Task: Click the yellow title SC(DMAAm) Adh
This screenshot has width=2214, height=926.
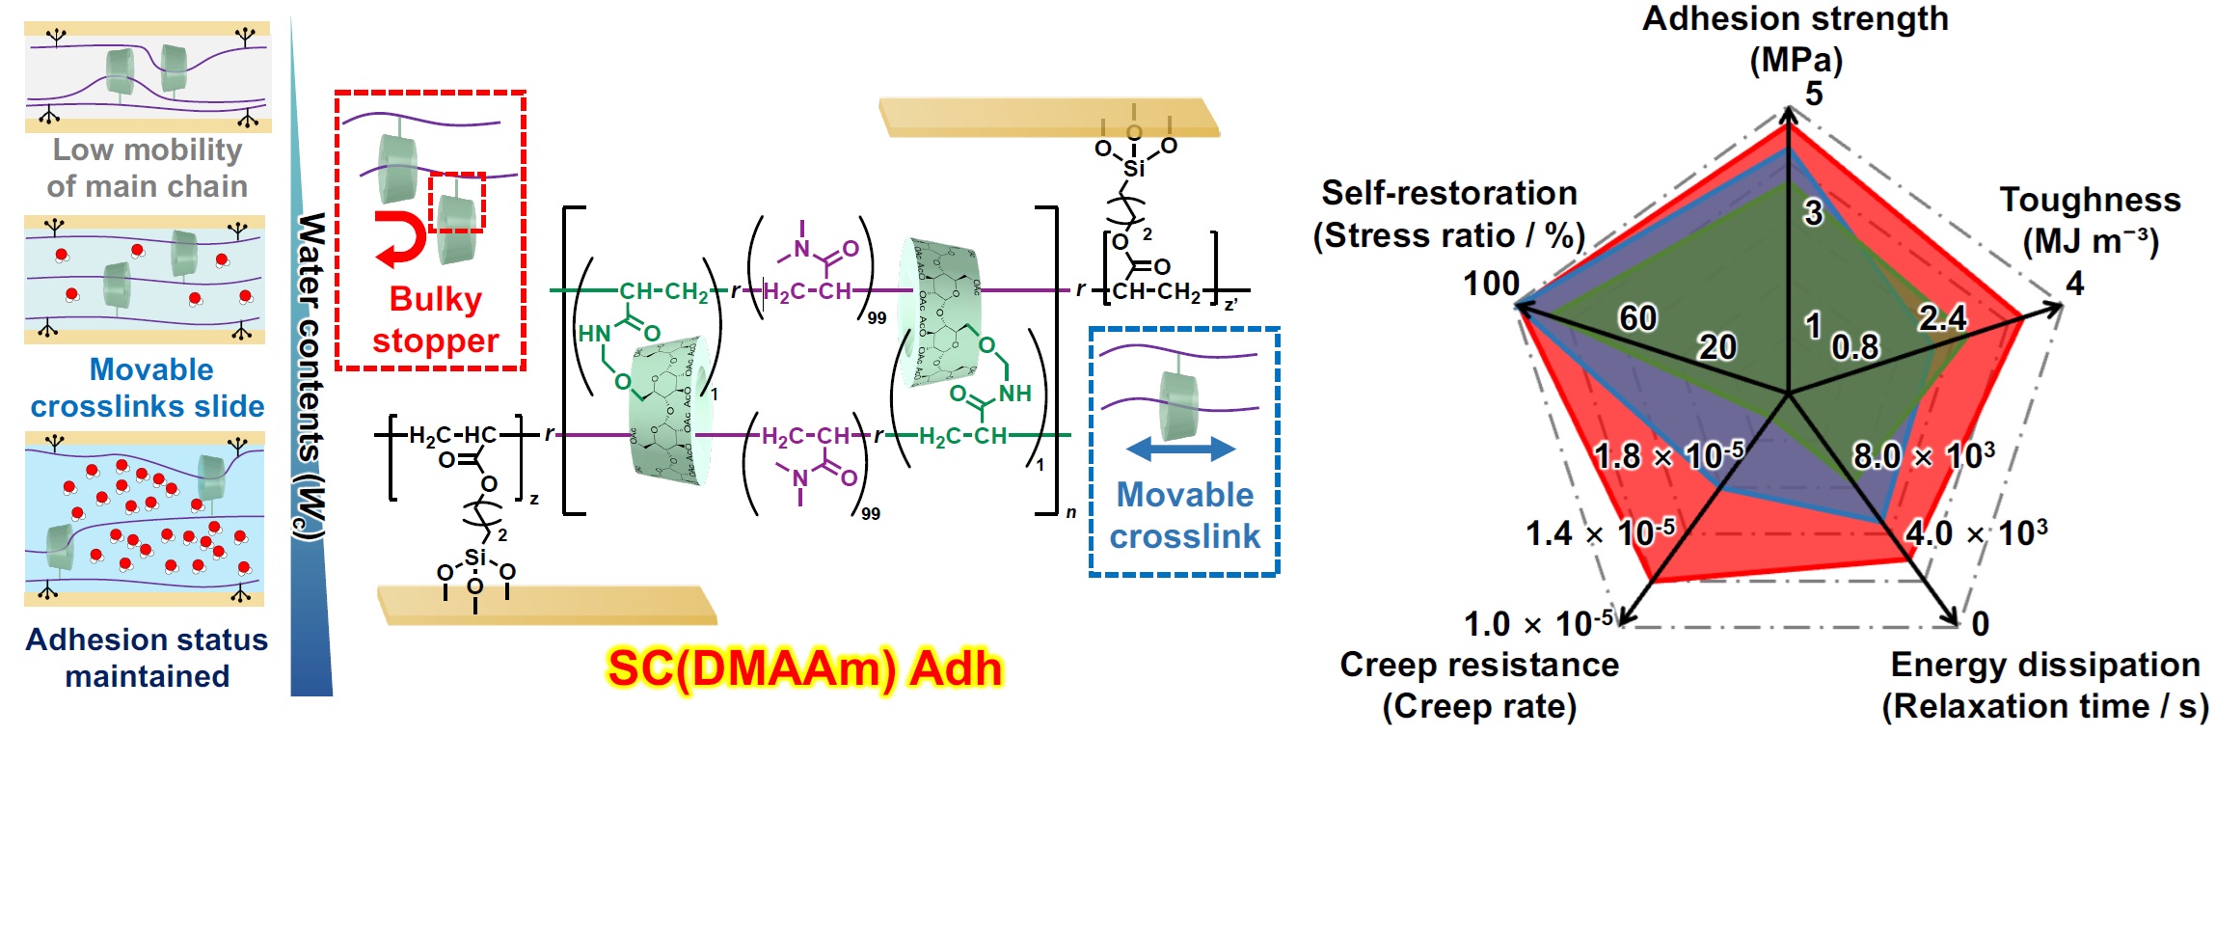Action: click(x=805, y=668)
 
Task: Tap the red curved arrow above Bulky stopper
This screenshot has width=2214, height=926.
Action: click(x=400, y=239)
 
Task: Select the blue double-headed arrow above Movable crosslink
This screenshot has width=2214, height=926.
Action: click(x=1180, y=449)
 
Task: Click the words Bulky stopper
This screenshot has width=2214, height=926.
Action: click(x=435, y=319)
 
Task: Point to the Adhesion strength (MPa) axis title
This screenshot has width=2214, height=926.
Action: click(x=1795, y=39)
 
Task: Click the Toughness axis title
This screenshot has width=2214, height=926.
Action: click(x=2090, y=220)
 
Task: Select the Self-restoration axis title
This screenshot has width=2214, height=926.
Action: click(x=1448, y=214)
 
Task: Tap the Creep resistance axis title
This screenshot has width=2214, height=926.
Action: click(x=1479, y=685)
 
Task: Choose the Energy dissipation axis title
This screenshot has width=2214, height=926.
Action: click(x=2044, y=685)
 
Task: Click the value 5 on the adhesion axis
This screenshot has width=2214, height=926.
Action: click(x=1814, y=94)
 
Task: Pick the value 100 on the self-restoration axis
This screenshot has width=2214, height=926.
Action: click(x=1491, y=284)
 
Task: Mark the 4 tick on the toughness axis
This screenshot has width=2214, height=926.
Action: click(x=2075, y=284)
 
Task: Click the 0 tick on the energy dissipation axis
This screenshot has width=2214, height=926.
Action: click(x=1980, y=624)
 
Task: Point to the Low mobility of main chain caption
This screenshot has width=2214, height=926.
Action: click(x=148, y=168)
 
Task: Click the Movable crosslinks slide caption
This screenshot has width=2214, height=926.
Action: click(x=148, y=388)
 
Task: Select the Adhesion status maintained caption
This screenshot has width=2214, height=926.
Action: click(x=148, y=658)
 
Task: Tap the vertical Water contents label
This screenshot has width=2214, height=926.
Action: click(x=310, y=376)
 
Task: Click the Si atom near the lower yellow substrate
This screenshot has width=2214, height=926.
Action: click(x=475, y=558)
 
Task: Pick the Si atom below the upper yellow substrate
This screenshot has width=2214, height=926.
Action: click(x=1135, y=168)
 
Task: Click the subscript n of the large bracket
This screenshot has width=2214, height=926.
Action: click(x=1070, y=513)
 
